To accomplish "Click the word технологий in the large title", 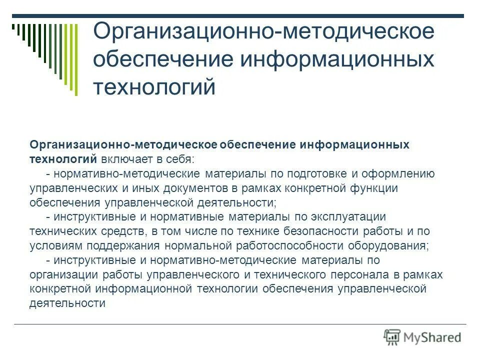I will (154, 87).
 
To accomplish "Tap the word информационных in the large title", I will (338, 59).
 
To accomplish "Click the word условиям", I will (56, 246).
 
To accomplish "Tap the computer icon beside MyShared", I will (392, 337).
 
